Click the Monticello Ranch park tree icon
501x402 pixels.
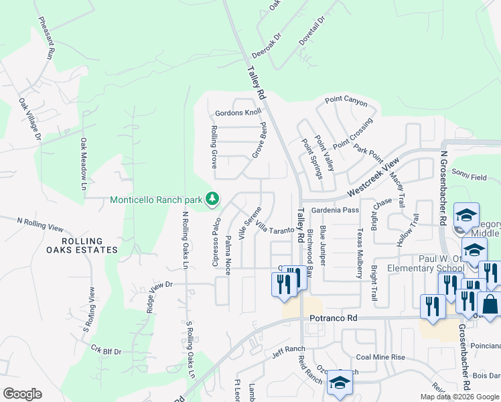coord(212,199)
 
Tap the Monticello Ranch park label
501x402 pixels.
coord(156,200)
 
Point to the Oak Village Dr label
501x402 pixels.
coord(29,120)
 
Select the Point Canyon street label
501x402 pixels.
coord(346,102)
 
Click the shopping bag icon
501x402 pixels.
coord(490,304)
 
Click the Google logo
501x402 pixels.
coord(23,394)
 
